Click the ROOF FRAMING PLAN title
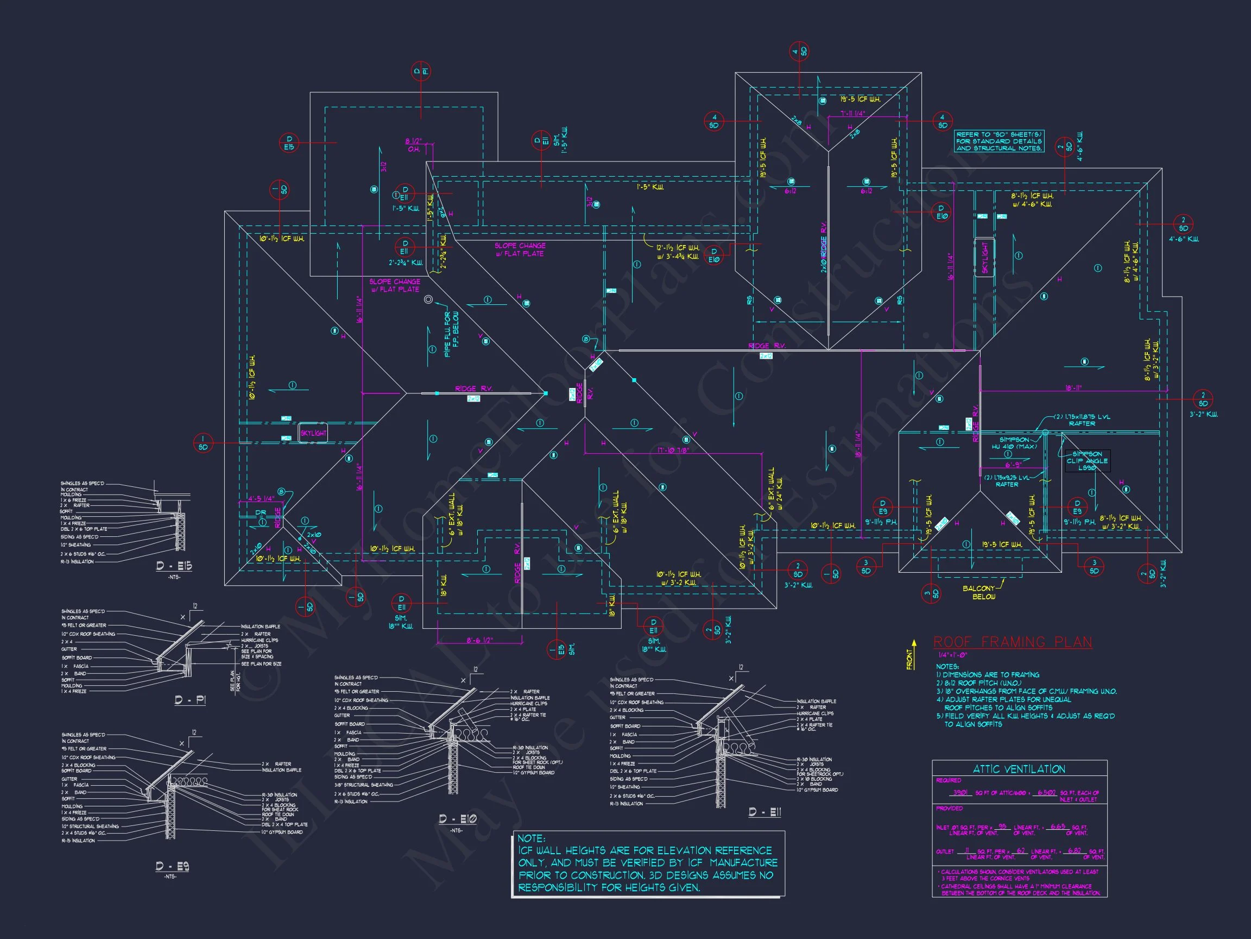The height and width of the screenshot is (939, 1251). [x=1012, y=642]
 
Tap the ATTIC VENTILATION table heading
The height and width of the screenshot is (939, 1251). [x=1019, y=768]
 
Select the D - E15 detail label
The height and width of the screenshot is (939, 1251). [x=174, y=566]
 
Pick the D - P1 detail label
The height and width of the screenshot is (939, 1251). [x=190, y=700]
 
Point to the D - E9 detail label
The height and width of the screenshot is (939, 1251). [x=173, y=866]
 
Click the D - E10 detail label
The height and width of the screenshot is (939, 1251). [x=458, y=818]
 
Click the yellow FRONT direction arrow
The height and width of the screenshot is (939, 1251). [x=912, y=655]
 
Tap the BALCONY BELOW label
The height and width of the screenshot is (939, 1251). [x=979, y=592]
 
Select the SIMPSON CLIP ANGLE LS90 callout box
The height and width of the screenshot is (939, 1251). [x=1087, y=461]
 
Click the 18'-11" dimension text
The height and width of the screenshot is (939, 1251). [x=1073, y=389]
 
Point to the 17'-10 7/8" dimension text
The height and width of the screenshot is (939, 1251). [x=673, y=450]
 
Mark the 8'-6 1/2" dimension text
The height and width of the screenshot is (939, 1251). [x=479, y=640]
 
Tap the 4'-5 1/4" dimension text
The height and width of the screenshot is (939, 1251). [x=261, y=499]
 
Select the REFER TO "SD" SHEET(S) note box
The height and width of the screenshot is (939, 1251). [x=999, y=141]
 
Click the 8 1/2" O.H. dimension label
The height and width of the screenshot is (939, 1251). [x=413, y=145]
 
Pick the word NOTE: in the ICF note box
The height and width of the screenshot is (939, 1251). [x=531, y=838]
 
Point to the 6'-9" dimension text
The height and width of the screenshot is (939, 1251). [x=1013, y=465]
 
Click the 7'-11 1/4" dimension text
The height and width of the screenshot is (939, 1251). [x=852, y=114]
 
